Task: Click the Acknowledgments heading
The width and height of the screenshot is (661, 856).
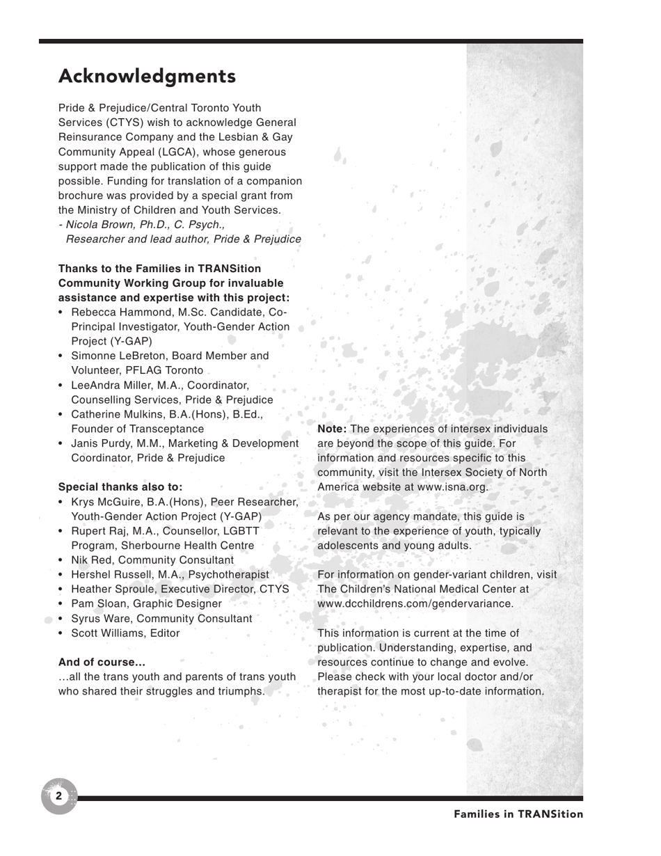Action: click(147, 76)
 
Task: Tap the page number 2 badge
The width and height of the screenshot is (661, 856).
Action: click(59, 795)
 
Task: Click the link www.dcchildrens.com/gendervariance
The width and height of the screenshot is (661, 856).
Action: click(415, 603)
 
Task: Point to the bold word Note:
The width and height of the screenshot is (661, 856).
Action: click(331, 429)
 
